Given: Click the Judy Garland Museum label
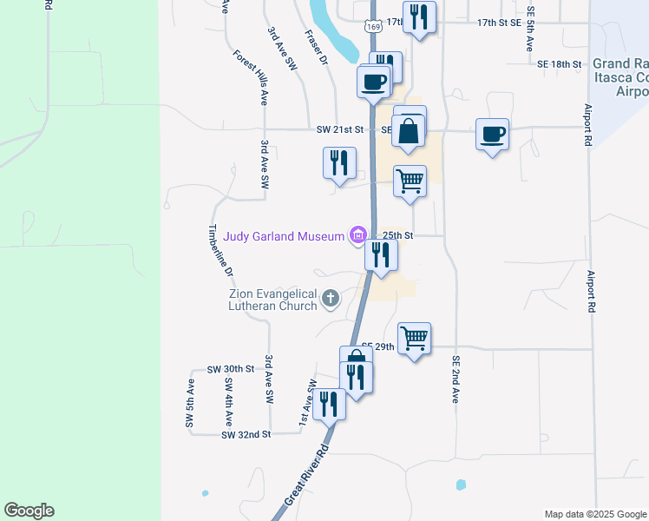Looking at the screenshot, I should [284, 235].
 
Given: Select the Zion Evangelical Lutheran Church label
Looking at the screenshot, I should [272, 300].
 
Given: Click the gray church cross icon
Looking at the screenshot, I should [330, 300].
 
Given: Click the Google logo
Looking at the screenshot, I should [29, 511].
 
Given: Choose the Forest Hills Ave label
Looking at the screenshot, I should [249, 76].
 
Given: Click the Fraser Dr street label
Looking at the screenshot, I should [316, 49].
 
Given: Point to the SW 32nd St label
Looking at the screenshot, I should [246, 434].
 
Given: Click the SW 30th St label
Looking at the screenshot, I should [231, 369].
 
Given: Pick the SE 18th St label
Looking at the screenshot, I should [559, 64].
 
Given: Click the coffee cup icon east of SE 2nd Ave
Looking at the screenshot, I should [492, 135].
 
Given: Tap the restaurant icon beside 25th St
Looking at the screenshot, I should [381, 255].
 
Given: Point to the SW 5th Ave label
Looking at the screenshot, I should [189, 403].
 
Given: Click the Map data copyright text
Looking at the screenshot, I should [594, 514].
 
